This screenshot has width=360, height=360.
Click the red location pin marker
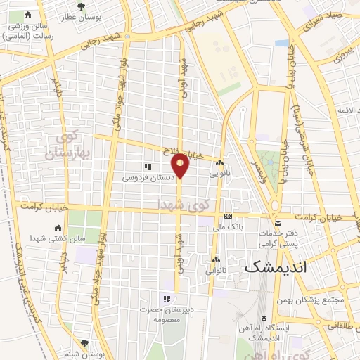click(181, 165)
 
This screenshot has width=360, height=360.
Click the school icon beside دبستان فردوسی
click(148, 167)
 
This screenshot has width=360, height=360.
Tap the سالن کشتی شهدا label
click(63, 238)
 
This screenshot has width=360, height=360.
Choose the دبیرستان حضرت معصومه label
click(165, 314)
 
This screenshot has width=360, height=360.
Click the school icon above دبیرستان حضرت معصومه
click(166, 298)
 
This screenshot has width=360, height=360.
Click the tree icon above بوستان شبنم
click(85, 343)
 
